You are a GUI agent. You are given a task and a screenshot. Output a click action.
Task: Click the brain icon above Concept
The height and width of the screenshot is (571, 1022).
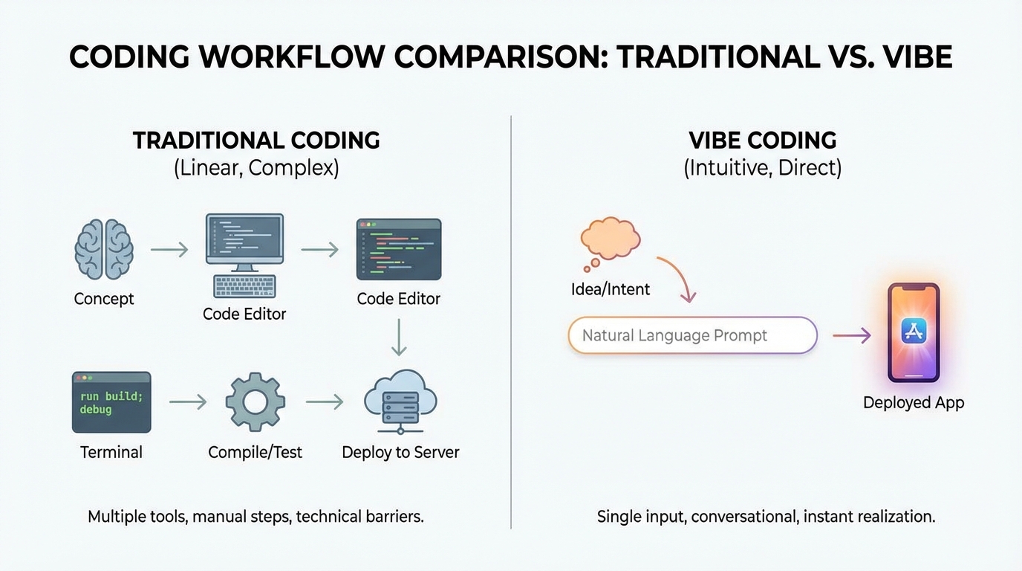(104, 249)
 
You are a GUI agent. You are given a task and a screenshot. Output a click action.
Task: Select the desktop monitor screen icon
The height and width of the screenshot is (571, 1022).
(244, 239)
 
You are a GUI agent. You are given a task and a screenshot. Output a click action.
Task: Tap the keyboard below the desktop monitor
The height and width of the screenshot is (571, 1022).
(244, 286)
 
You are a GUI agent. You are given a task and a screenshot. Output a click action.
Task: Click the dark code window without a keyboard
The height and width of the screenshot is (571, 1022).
(399, 249)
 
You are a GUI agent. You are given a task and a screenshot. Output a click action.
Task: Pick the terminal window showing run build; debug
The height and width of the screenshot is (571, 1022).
(111, 402)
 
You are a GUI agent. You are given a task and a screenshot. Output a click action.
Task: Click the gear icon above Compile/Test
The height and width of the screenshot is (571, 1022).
(255, 402)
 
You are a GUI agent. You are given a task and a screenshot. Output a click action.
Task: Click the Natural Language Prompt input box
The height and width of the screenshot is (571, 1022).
(692, 335)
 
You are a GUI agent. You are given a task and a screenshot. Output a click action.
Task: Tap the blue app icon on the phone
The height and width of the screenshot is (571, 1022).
(913, 331)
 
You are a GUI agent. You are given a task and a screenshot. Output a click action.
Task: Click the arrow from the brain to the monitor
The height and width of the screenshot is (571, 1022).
(169, 250)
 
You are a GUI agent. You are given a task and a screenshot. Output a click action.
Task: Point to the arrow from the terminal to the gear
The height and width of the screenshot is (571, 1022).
(188, 402)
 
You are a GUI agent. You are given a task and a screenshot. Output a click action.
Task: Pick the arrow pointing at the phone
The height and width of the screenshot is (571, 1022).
(851, 336)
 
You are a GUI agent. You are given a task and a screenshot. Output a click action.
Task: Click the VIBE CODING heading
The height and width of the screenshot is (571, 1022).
(763, 141)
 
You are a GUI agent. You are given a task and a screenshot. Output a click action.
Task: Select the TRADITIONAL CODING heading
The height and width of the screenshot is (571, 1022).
(256, 141)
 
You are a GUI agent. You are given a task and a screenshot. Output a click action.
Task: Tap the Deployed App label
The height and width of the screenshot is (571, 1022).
(913, 403)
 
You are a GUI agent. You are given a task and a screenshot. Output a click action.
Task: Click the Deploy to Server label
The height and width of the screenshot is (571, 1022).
(400, 452)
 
